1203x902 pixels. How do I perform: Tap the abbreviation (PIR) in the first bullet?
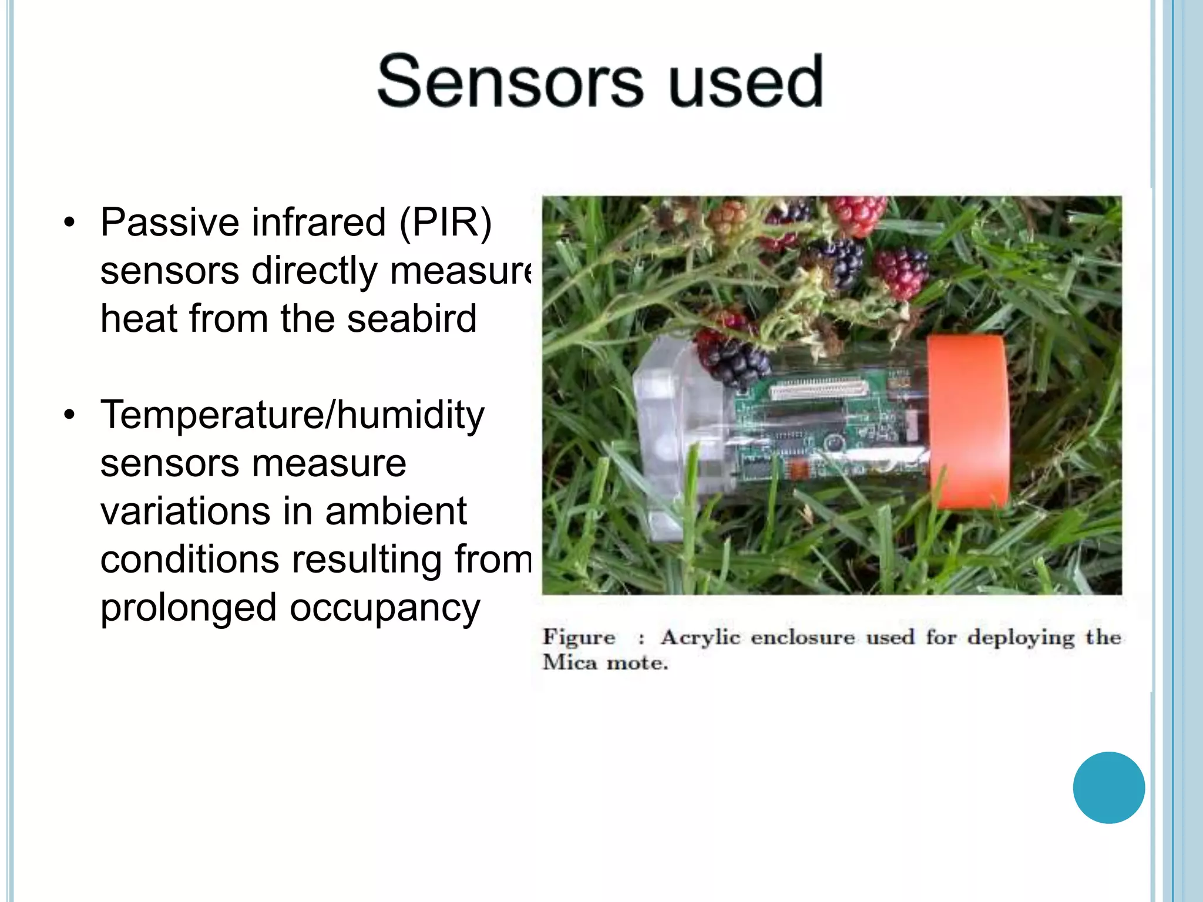[x=445, y=223]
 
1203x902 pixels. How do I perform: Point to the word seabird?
[x=411, y=319]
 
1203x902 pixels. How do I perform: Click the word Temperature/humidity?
[x=292, y=415]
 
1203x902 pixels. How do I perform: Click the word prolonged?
[x=188, y=608]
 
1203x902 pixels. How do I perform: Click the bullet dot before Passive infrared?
[x=70, y=223]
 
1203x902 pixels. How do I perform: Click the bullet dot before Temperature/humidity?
[x=70, y=415]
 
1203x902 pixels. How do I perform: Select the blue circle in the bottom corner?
[x=1108, y=787]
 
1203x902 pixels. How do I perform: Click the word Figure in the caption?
[x=579, y=637]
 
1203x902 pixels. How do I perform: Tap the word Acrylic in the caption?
[x=700, y=637]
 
